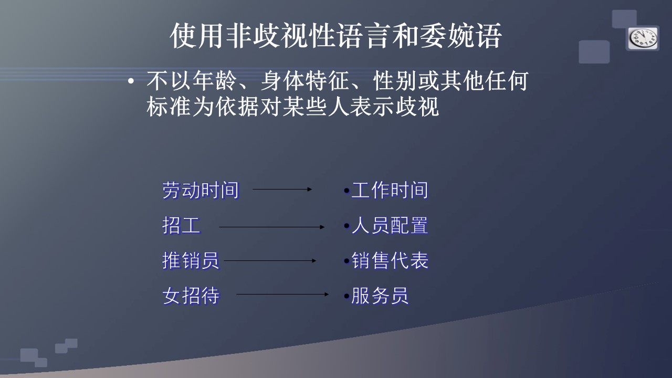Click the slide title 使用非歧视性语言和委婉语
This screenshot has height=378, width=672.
[335, 35]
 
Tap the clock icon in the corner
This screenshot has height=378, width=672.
[643, 39]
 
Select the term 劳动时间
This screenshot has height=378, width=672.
[201, 190]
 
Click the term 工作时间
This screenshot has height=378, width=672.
[390, 190]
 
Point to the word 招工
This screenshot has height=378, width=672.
[181, 226]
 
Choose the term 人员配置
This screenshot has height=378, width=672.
[390, 226]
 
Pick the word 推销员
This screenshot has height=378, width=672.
[191, 260]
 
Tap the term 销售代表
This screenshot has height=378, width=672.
[390, 260]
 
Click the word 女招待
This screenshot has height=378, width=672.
[191, 296]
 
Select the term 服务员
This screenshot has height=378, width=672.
[380, 296]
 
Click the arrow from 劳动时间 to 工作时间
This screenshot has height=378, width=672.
[282, 190]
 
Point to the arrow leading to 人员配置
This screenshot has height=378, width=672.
[272, 227]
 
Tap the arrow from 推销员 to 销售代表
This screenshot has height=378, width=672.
[270, 261]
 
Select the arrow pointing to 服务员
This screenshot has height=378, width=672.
[282, 295]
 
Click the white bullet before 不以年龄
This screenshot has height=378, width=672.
[131, 81]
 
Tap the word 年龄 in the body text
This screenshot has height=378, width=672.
[215, 81]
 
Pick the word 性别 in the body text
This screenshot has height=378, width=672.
[395, 81]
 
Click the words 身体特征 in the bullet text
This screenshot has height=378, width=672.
[305, 81]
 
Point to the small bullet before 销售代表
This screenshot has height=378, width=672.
[347, 261]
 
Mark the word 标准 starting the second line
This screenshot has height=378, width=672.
[169, 107]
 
